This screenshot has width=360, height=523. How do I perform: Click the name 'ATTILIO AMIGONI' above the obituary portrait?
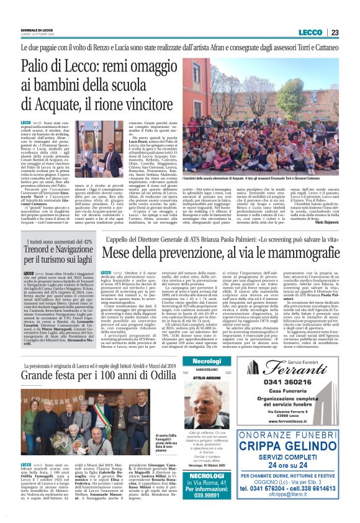[194, 379]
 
